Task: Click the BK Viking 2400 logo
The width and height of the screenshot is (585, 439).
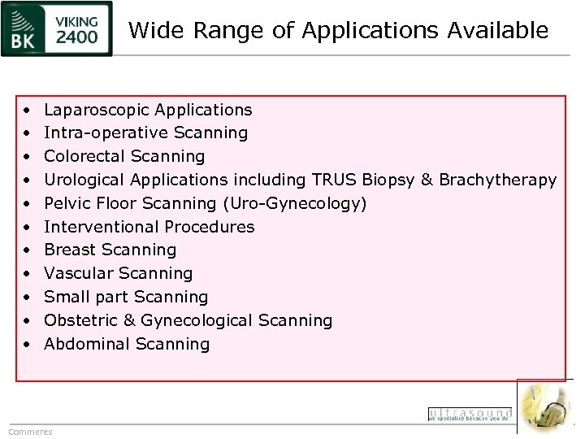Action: tap(57, 28)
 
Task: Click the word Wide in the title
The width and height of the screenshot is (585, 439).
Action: tap(151, 31)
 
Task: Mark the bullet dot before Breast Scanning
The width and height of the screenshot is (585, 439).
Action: tap(27, 250)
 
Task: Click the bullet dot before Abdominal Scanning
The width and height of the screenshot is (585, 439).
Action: tap(27, 345)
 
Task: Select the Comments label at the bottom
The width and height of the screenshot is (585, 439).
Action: tap(30, 432)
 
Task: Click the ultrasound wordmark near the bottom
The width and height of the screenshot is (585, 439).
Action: tap(470, 415)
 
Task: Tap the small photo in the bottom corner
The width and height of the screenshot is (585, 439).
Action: tap(545, 406)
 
